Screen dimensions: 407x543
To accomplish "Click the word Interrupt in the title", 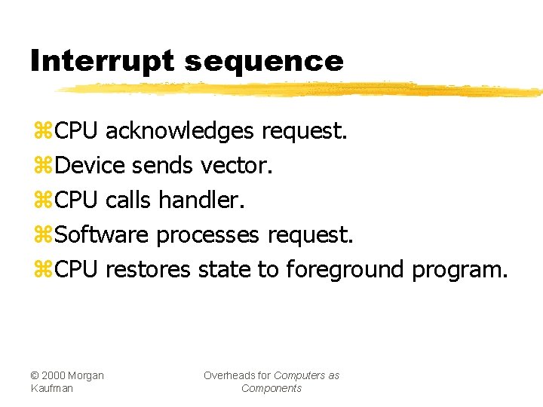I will pyautogui.click(x=102, y=61).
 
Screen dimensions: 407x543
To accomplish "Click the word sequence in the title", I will pyautogui.click(x=263, y=62).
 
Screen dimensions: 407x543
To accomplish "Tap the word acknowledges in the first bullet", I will pyautogui.click(x=179, y=132).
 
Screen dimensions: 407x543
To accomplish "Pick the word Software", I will pyautogui.click(x=102, y=234).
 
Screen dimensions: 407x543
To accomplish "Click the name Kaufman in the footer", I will pyautogui.click(x=52, y=388).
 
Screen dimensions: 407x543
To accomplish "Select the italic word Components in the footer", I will pyautogui.click(x=271, y=388).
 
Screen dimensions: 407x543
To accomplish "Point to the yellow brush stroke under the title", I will pyautogui.click(x=302, y=90).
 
